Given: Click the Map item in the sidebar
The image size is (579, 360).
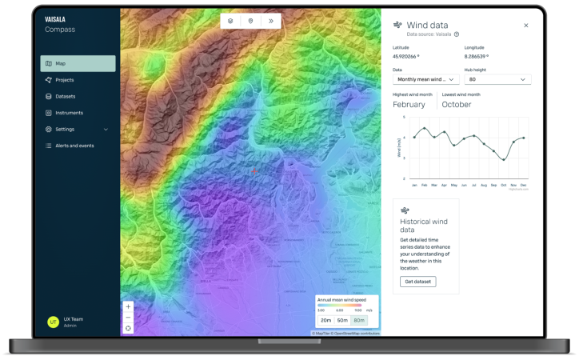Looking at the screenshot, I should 77,63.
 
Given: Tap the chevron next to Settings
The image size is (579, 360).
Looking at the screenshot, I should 106,129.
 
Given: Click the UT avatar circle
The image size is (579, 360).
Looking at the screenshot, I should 53,322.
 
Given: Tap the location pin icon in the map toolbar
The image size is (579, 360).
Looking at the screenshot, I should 250,21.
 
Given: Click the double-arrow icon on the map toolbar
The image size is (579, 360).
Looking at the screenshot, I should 271,21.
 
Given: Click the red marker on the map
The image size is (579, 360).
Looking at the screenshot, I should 254,171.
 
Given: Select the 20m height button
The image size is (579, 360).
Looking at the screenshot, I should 326,320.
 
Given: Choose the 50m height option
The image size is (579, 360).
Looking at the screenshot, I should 342,320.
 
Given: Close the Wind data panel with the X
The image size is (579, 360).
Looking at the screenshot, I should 525,26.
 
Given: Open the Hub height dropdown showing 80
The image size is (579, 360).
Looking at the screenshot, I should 497,79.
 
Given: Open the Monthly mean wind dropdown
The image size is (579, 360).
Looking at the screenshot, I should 425,79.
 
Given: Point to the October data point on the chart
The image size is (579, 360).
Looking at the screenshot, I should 504,159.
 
